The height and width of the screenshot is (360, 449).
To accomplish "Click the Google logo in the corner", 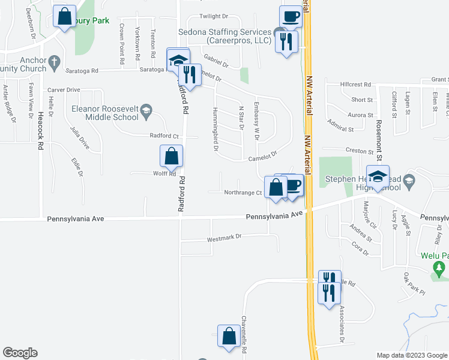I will pos(20,353).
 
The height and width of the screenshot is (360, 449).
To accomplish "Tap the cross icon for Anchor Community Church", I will pos(54,61).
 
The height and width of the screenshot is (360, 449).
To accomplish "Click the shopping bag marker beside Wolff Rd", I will pos(171,156).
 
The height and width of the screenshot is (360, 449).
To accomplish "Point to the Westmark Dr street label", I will pos(224,237).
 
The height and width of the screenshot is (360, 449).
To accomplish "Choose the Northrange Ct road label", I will pos(243,193).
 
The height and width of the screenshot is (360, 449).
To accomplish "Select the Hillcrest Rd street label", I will pos(356,85).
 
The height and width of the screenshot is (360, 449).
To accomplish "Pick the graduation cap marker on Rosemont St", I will pos(378,177).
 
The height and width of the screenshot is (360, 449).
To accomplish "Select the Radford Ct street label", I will pos(164,136).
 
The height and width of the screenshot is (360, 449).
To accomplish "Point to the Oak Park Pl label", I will pos(414,284).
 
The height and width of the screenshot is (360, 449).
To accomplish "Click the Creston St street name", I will pos(343,151).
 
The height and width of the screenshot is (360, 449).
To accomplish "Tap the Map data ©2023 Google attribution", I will pos(411,355).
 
